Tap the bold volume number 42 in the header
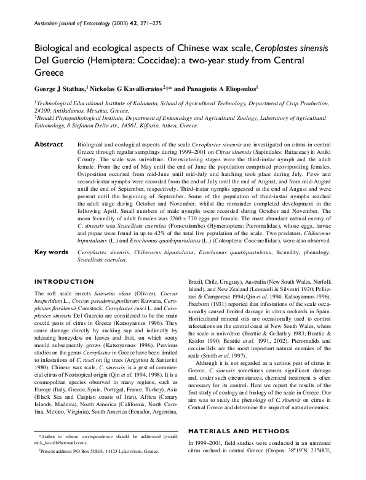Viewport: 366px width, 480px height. [x=132, y=25]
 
